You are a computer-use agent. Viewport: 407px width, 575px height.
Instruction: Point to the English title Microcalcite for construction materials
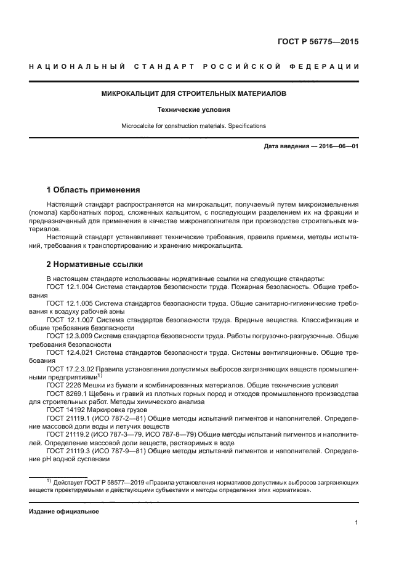[x=193, y=126]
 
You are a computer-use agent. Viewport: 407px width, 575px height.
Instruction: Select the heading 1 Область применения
[x=94, y=190]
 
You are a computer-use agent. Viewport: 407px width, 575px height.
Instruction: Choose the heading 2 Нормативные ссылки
[x=95, y=265]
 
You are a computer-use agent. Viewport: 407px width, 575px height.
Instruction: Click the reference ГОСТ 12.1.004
[x=71, y=288]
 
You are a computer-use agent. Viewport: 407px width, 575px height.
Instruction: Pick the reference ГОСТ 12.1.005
[x=71, y=304]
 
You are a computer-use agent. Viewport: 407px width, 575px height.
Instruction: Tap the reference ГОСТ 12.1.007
[x=71, y=321]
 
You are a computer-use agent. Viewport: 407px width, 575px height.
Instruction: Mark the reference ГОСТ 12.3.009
[x=71, y=337]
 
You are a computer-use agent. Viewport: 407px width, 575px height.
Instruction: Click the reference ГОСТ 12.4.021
[x=71, y=353]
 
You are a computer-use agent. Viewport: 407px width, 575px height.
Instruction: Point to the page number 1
[x=357, y=523]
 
